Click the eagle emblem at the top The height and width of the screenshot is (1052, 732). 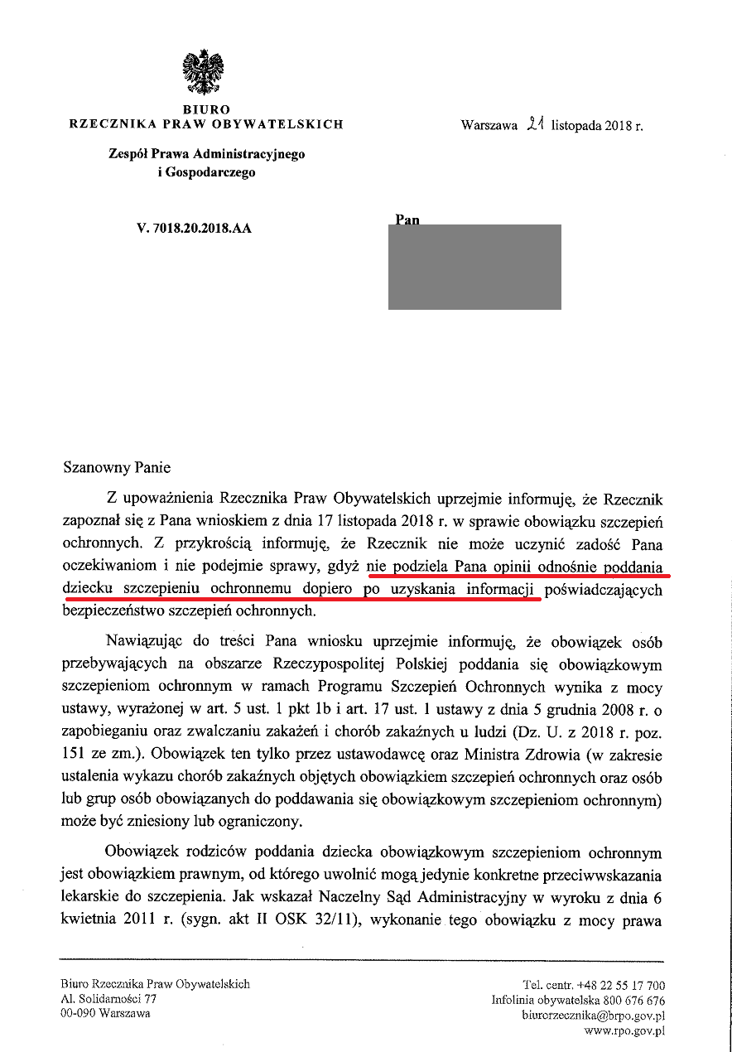click(205, 73)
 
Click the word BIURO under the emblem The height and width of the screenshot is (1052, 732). click(206, 109)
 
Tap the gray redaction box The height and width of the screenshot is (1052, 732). click(474, 267)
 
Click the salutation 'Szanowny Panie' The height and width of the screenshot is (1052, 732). click(117, 468)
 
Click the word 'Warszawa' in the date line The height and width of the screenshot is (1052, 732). click(489, 127)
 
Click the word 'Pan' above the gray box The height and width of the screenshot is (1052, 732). click(407, 220)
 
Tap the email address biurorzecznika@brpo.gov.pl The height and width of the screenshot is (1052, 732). click(594, 1015)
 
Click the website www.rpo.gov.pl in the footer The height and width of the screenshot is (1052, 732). click(624, 1030)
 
